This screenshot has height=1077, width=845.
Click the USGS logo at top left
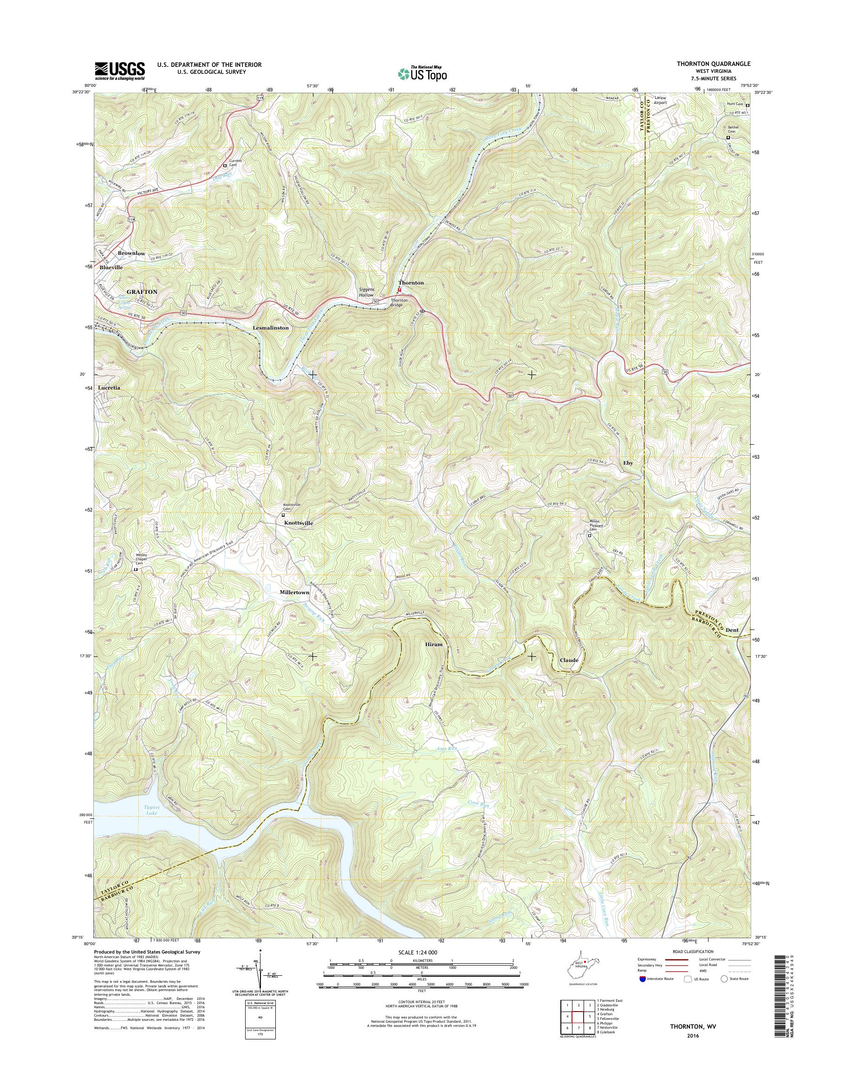tap(120, 71)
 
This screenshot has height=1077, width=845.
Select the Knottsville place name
tap(299, 522)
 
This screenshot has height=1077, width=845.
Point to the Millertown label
tap(294, 592)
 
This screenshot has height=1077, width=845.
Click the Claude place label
tap(569, 660)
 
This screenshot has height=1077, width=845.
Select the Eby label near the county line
tap(628, 463)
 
